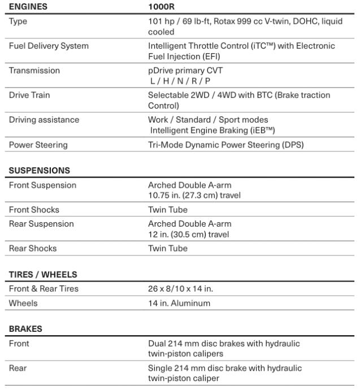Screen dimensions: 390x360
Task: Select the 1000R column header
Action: [161, 7]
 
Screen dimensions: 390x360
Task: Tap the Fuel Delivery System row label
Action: [49, 46]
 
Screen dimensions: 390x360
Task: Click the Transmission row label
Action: [34, 71]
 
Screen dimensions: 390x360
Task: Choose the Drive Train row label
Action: [29, 95]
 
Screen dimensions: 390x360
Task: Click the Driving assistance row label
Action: [44, 120]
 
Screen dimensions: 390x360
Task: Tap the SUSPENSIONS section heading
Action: [40, 170]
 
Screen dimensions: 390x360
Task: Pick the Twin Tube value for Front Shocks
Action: [168, 210]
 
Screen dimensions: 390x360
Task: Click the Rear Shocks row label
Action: [33, 248]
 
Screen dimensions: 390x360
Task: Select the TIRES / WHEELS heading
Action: [43, 275]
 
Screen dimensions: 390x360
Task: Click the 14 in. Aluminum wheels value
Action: [179, 303]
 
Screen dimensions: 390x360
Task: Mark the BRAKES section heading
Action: [25, 328]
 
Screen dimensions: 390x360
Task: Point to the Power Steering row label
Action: [38, 145]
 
